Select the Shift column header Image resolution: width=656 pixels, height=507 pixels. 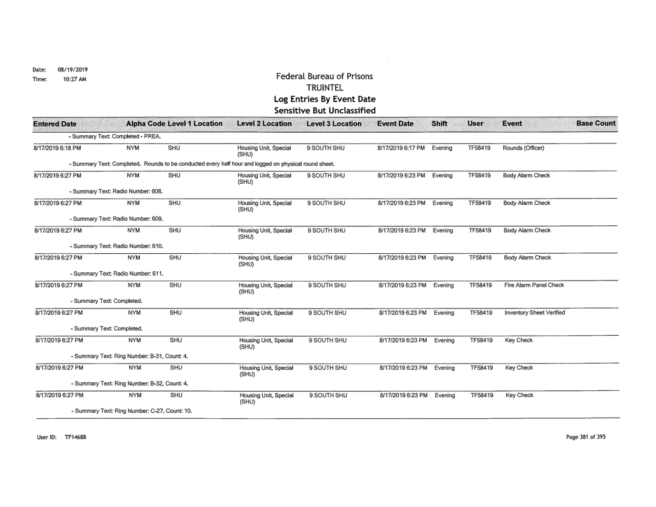pos(440,124)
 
